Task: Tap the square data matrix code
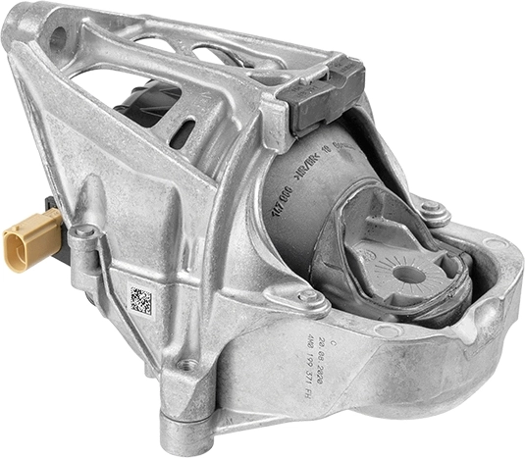click(x=141, y=298)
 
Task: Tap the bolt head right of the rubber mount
click(x=429, y=208)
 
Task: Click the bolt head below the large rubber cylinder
click(x=310, y=295)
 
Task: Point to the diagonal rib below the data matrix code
click(x=147, y=343)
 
